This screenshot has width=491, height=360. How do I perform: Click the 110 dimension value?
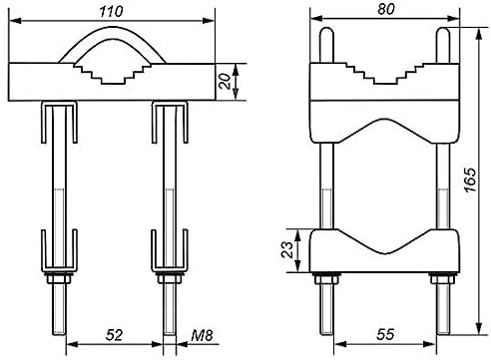[x=111, y=11]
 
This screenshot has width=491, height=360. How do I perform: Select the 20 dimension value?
[x=226, y=82]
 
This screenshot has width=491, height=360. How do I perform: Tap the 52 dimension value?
[x=115, y=335]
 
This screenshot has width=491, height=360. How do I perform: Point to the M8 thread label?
[x=202, y=335]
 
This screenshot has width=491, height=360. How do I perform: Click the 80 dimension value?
[x=386, y=9]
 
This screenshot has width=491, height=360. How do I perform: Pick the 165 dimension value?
[x=471, y=180]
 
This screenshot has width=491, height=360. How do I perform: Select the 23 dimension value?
[x=287, y=250]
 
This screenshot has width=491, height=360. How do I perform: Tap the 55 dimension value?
[x=385, y=334]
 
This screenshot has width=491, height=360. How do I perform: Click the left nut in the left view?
[x=60, y=277]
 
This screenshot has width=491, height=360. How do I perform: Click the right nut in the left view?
[x=170, y=277]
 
